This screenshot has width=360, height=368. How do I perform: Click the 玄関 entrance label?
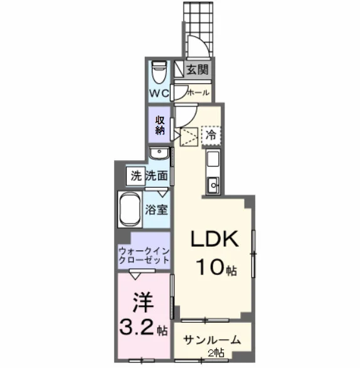click(x=198, y=70)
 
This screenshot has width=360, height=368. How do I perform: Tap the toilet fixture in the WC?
click(x=159, y=72)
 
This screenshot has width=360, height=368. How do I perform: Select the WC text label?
click(x=159, y=94)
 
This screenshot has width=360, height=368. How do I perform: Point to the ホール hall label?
click(x=198, y=93)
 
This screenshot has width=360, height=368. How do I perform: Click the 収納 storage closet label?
click(x=160, y=126)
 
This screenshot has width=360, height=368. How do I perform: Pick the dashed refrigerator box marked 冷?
click(x=211, y=135)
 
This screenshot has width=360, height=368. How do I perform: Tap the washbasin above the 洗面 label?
click(x=159, y=153)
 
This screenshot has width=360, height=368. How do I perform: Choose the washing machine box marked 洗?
click(x=135, y=176)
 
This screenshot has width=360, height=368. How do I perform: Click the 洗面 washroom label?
click(x=157, y=176)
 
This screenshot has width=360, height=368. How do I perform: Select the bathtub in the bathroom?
click(x=130, y=209)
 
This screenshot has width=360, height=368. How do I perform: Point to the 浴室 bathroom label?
click(x=156, y=210)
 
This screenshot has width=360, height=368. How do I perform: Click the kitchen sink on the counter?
click(x=213, y=185)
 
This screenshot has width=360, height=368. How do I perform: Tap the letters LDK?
click(x=214, y=239)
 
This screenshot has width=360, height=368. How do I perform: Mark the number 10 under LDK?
click(x=211, y=267)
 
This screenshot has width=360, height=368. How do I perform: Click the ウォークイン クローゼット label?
click(x=144, y=256)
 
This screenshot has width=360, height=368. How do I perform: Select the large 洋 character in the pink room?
click(x=143, y=303)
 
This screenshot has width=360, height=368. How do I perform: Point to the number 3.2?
click(x=137, y=327)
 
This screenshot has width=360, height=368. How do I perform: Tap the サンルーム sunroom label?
click(x=212, y=340)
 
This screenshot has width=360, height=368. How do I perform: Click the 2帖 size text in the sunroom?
click(x=216, y=352)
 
